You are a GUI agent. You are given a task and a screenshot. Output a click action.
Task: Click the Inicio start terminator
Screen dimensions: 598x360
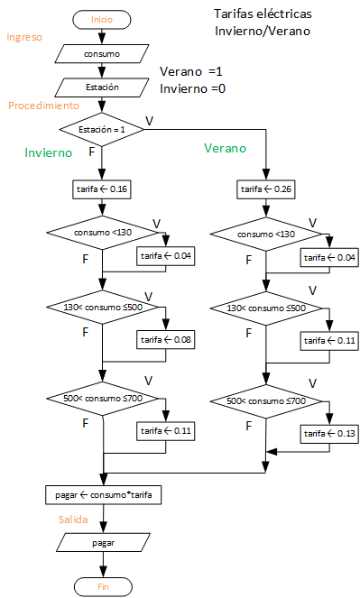click(x=102, y=19)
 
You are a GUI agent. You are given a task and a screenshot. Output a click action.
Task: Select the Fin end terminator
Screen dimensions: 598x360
click(x=102, y=586)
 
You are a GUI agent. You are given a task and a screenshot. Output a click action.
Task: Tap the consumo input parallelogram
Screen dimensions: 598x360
click(x=101, y=54)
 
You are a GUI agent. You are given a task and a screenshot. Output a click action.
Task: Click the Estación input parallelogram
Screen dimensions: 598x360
click(x=101, y=87)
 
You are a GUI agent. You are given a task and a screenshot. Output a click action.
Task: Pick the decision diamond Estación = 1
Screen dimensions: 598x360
click(x=102, y=130)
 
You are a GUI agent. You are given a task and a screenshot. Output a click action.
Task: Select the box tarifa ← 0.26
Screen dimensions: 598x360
click(x=267, y=189)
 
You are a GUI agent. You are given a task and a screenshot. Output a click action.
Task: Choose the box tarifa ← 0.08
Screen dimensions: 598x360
click(x=165, y=340)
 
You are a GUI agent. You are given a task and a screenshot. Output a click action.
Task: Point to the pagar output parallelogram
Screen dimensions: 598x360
click(x=103, y=543)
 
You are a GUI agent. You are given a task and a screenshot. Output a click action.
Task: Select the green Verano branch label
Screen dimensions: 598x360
click(x=225, y=148)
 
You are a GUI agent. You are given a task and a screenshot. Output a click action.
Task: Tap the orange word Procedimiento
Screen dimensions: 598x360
click(x=43, y=106)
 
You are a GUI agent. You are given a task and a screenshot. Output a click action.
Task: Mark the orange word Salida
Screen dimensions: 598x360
click(x=73, y=520)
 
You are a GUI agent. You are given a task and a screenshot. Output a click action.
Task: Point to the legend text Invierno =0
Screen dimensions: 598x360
click(x=193, y=88)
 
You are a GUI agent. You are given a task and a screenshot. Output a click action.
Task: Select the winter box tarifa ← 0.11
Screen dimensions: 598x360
click(x=165, y=431)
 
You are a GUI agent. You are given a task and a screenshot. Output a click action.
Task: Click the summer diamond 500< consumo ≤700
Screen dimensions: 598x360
click(x=266, y=400)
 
